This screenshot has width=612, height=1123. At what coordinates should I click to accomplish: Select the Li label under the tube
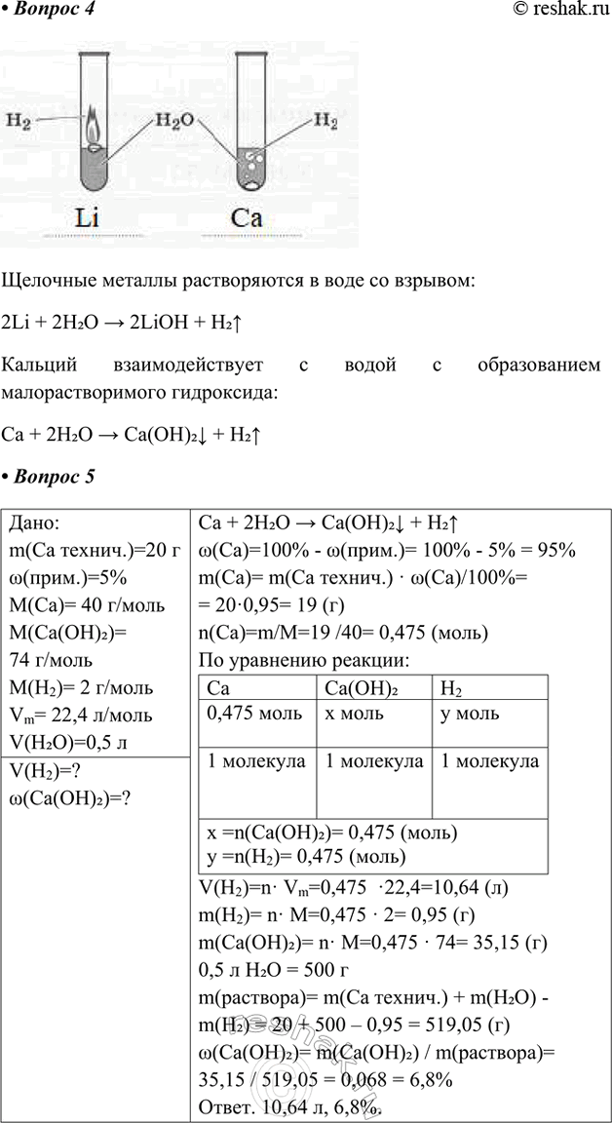tap(92, 218)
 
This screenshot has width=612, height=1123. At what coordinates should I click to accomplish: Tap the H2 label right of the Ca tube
tap(325, 123)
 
